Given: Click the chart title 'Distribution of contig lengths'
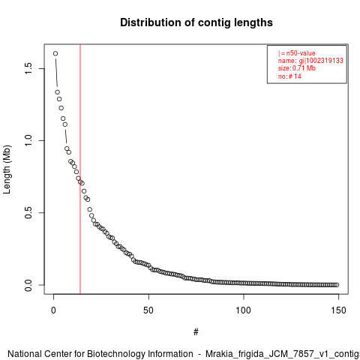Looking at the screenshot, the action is pyautogui.click(x=196, y=22).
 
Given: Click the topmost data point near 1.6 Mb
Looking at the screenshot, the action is pyautogui.click(x=55, y=53).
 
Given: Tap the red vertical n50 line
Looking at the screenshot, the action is pyautogui.click(x=80, y=169).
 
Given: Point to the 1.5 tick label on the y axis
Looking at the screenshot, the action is pyautogui.click(x=28, y=68).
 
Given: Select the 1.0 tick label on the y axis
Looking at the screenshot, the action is pyautogui.click(x=28, y=140).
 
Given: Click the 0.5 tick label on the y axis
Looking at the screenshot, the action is pyautogui.click(x=28, y=213).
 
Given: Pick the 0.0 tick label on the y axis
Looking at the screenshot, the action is pyautogui.click(x=28, y=285).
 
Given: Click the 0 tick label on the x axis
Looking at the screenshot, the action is pyautogui.click(x=53, y=310).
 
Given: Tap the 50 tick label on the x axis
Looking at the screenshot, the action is pyautogui.click(x=148, y=310).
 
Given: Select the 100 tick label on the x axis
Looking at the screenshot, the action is pyautogui.click(x=244, y=310).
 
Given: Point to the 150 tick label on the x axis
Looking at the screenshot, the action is pyautogui.click(x=338, y=310).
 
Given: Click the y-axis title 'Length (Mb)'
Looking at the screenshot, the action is pyautogui.click(x=7, y=169).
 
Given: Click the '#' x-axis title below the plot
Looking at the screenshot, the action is pyautogui.click(x=196, y=332).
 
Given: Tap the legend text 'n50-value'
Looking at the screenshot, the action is pyautogui.click(x=301, y=53).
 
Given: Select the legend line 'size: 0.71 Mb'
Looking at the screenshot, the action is pyautogui.click(x=297, y=68).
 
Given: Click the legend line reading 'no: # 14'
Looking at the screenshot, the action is pyautogui.click(x=289, y=76).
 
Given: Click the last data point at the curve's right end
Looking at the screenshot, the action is pyautogui.click(x=337, y=285).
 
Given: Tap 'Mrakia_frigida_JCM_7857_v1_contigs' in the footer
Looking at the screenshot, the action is pyautogui.click(x=283, y=355).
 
